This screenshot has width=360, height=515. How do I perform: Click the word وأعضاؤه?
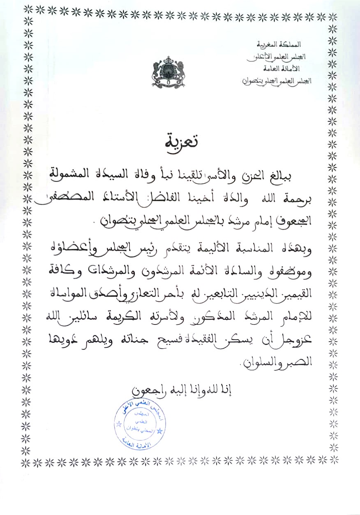coord(292,248)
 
